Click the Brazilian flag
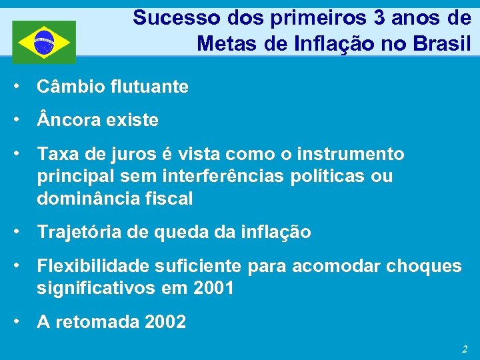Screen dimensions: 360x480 [x=44, y=41]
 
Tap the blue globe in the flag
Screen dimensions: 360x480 [x=44, y=41]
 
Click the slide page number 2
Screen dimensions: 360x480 [x=464, y=349]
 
